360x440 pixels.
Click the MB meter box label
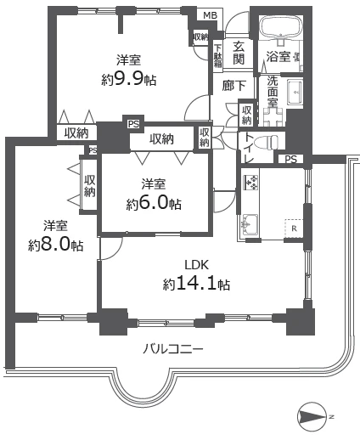point(211,15)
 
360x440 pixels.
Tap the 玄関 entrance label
point(239,53)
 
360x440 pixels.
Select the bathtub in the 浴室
point(280,27)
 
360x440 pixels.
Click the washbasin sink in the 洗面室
point(295,92)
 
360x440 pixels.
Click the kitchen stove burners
point(250,183)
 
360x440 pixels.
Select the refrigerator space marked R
point(294,228)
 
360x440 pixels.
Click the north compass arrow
point(312,416)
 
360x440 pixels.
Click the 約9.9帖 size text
point(129,80)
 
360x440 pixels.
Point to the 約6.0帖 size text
point(154,203)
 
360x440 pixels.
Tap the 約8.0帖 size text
point(55,245)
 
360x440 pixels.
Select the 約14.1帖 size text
point(196,284)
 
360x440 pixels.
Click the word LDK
point(197,265)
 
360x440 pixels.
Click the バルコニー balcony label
point(172,349)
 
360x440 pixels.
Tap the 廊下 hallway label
point(233,86)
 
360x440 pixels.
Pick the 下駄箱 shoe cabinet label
point(217,55)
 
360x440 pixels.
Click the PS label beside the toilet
point(290,160)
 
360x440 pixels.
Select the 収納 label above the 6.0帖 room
point(161,139)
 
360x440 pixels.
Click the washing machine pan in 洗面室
point(273,117)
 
